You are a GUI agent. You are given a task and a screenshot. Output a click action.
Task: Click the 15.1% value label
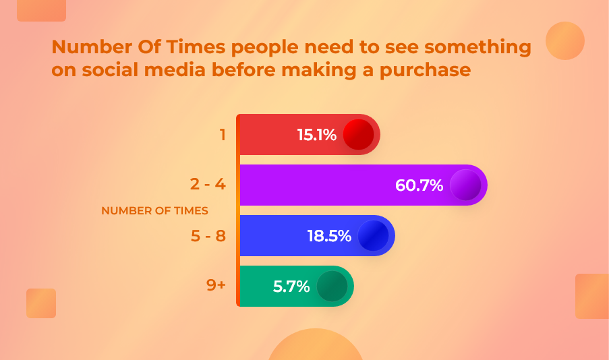(316, 135)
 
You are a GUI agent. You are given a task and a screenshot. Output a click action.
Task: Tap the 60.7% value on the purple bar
(419, 185)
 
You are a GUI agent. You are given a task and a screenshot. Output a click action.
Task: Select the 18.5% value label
(329, 236)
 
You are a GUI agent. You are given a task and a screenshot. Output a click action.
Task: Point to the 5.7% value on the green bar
(291, 287)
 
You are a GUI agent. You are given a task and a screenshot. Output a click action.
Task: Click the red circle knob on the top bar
(359, 135)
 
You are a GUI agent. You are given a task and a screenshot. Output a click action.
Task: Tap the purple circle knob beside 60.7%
(465, 185)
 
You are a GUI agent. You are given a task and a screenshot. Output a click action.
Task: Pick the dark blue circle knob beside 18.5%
(373, 236)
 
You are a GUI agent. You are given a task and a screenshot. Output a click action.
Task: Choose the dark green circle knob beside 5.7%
(332, 287)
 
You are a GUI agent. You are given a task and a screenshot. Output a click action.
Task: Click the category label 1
(223, 135)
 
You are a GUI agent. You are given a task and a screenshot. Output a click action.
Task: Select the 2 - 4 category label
(208, 184)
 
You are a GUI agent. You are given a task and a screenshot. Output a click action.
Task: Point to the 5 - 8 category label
(208, 236)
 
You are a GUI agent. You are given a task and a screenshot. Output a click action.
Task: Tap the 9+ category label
(216, 284)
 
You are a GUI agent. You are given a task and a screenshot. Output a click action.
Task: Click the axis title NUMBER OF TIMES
(154, 210)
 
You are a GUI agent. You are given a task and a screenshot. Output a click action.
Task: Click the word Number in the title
(92, 47)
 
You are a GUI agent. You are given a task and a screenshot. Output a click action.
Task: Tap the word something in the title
(477, 48)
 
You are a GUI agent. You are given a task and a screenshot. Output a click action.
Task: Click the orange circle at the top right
(565, 40)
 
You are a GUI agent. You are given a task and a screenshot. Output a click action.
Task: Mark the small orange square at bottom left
(41, 303)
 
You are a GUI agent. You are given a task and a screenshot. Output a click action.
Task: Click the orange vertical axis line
(238, 210)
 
